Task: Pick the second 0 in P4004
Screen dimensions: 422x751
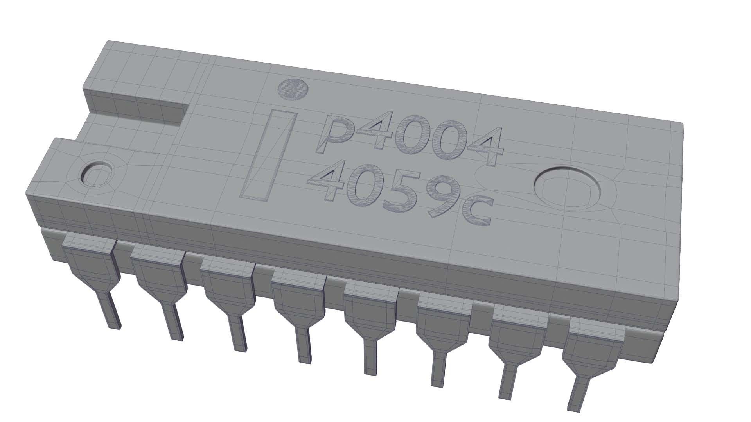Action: point(447,141)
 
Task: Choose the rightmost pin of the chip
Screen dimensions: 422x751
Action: point(587,363)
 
